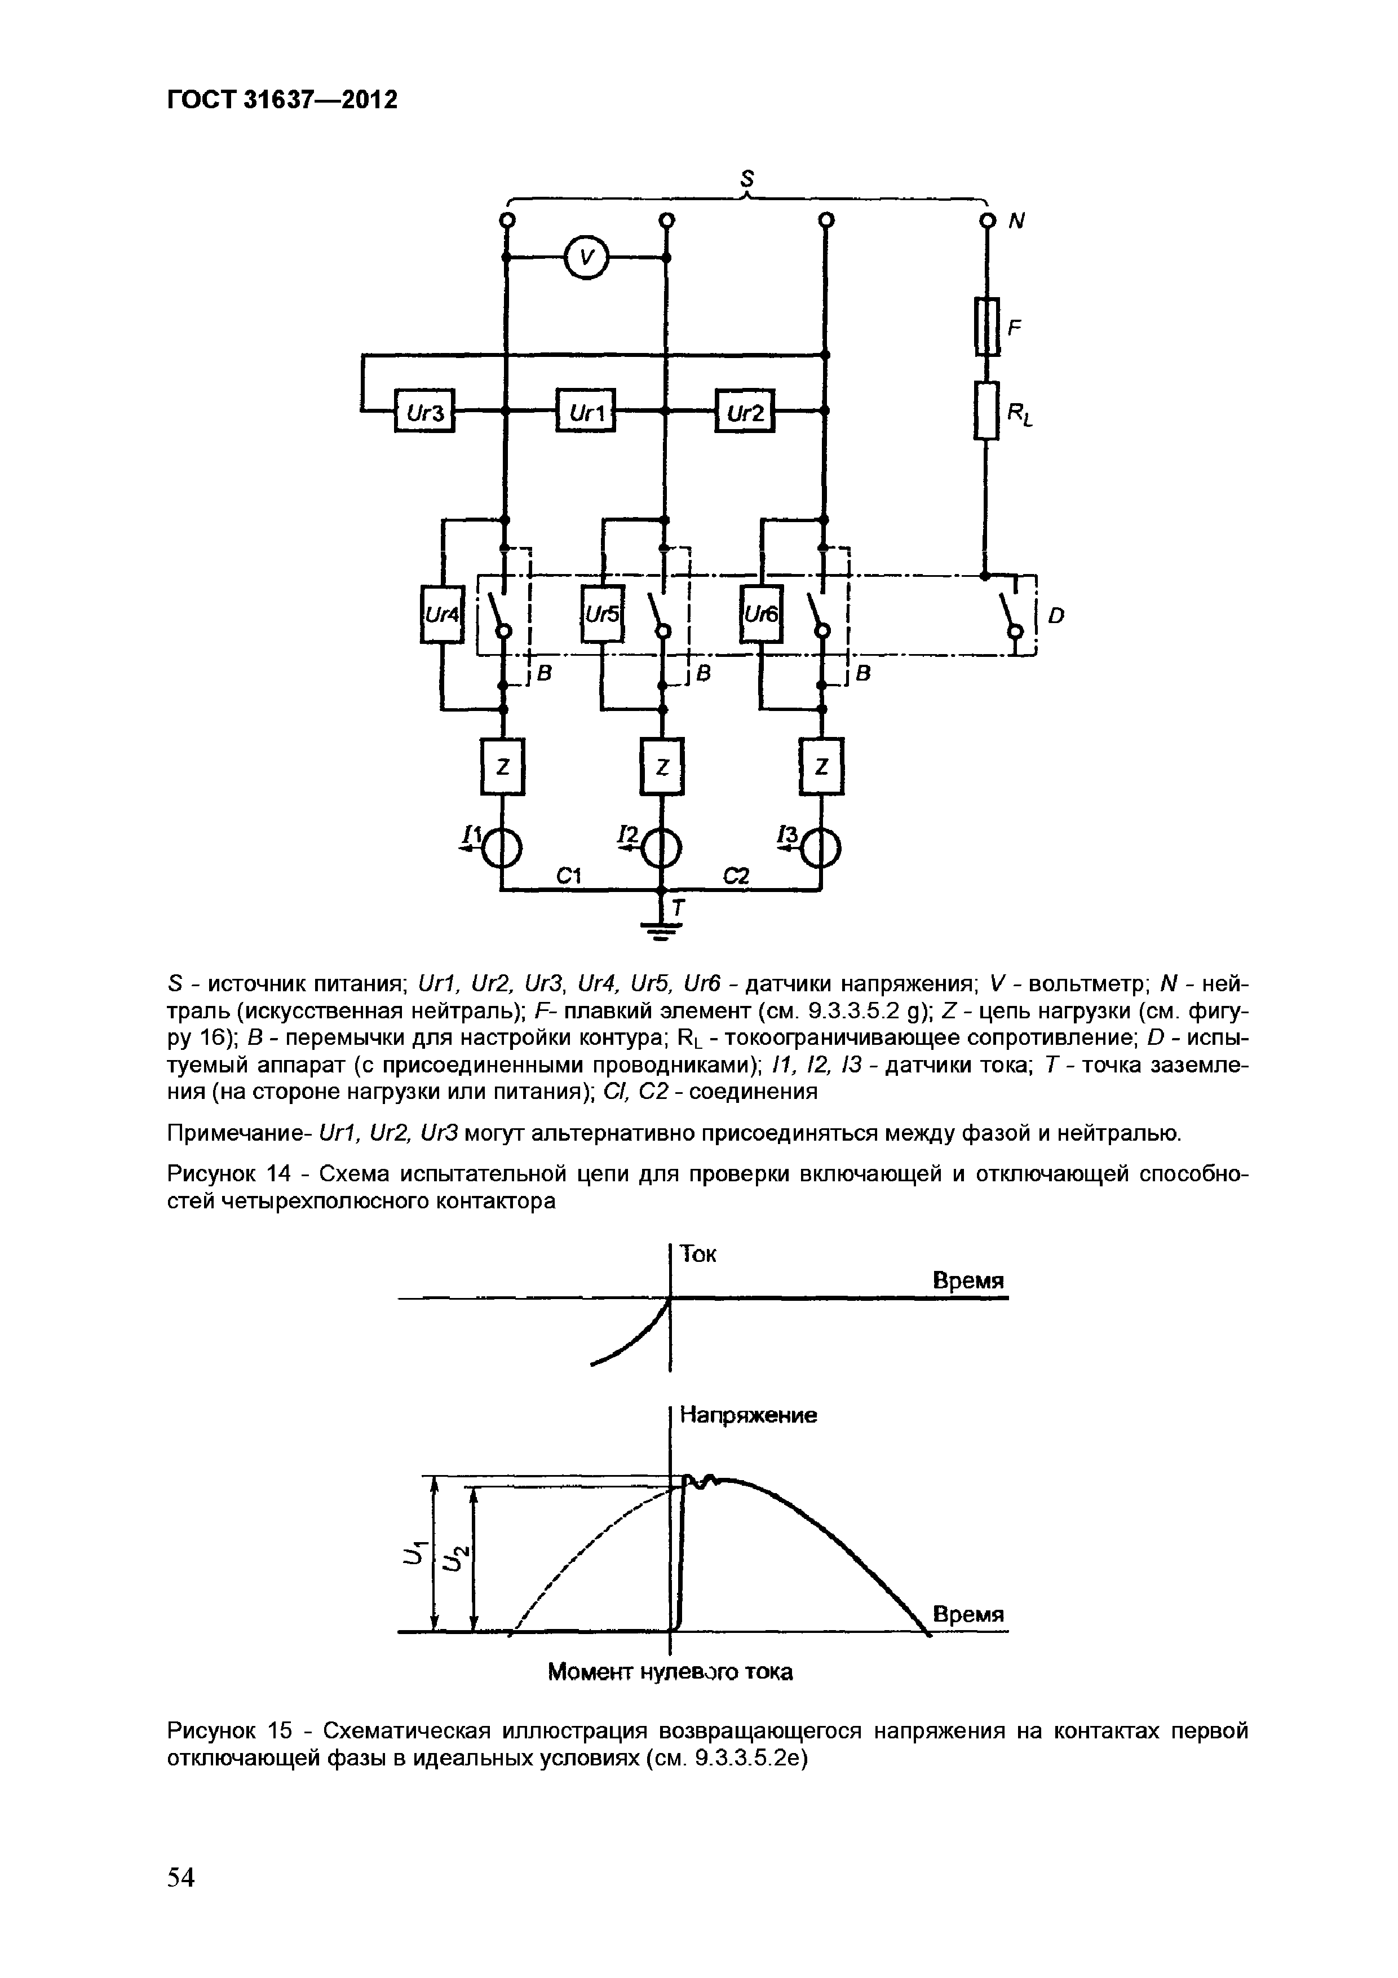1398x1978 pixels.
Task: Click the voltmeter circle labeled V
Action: coord(586,257)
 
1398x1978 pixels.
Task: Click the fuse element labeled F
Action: coord(987,326)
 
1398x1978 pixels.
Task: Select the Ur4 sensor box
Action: coord(442,614)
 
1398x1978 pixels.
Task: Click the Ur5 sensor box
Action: coord(602,614)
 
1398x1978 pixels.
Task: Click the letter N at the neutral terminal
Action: coord(1017,222)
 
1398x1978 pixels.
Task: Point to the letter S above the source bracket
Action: coord(747,178)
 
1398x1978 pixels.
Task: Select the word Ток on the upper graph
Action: coord(698,1255)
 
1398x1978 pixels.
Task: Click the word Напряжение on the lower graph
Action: coord(747,1415)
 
